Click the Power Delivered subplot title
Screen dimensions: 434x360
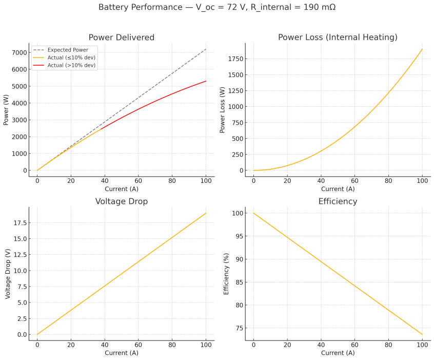(x=121, y=37)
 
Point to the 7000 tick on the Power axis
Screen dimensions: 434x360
(x=19, y=53)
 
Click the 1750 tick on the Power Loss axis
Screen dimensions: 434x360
(x=235, y=59)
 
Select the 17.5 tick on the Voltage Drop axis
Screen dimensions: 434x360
(x=20, y=223)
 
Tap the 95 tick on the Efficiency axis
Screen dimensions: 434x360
(x=240, y=236)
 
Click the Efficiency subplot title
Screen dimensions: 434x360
(x=338, y=201)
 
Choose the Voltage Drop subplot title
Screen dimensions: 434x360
(x=122, y=201)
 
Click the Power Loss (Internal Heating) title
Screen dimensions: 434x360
(x=338, y=37)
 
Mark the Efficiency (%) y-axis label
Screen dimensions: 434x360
(x=226, y=274)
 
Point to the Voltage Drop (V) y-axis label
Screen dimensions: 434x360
(x=8, y=274)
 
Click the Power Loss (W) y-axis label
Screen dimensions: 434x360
(x=222, y=110)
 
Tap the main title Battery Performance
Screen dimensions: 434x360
(x=141, y=7)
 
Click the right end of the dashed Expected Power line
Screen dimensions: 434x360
(x=206, y=49)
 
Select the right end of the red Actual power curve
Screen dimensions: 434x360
(x=206, y=81)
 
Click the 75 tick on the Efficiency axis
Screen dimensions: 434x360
(x=240, y=328)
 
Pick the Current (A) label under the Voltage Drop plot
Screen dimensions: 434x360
(x=122, y=353)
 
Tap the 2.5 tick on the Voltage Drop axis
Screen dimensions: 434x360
(x=22, y=319)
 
